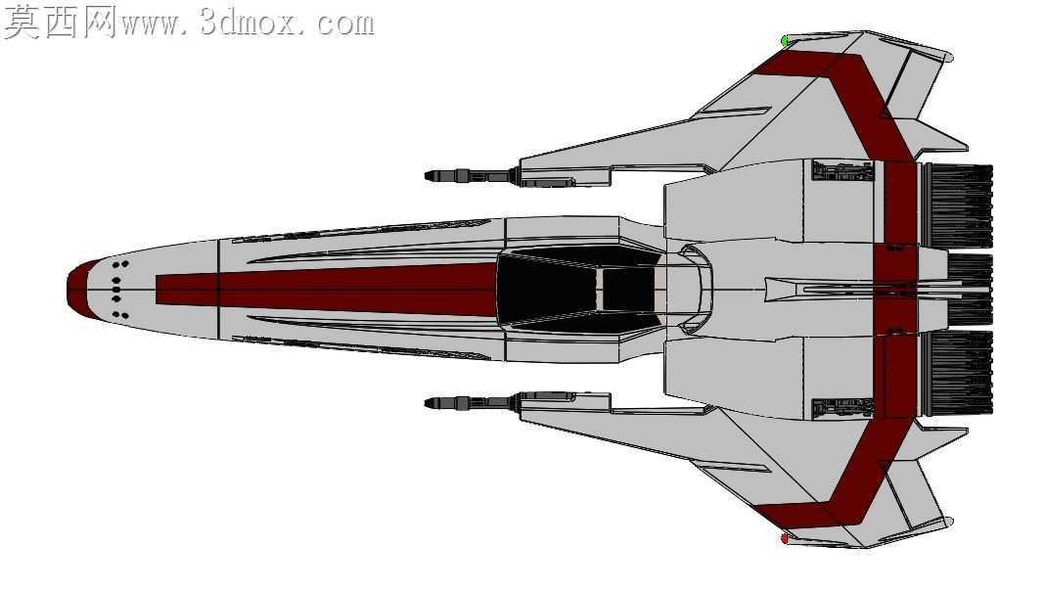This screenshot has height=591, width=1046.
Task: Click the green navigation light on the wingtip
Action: coord(786,41)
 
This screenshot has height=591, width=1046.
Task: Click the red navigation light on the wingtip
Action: coord(785,538)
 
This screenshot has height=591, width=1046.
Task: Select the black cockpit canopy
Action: coord(579,289)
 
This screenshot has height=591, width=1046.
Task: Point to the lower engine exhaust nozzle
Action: coord(958,372)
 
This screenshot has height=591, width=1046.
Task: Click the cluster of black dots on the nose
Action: coord(118,290)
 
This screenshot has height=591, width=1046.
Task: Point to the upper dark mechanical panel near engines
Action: coord(842,171)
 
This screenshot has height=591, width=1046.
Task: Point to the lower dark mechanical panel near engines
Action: coord(842,408)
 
